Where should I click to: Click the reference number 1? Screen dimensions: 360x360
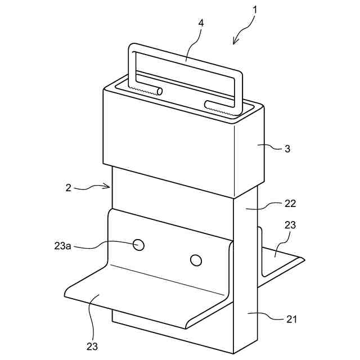[x=255, y=10]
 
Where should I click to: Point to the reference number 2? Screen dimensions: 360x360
[x=68, y=188]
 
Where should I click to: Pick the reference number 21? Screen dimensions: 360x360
[x=291, y=319]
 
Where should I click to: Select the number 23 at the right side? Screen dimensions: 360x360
[x=290, y=224]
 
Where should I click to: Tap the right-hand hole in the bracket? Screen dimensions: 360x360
[x=196, y=260]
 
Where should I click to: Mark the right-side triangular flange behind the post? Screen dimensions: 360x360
[x=278, y=262]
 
